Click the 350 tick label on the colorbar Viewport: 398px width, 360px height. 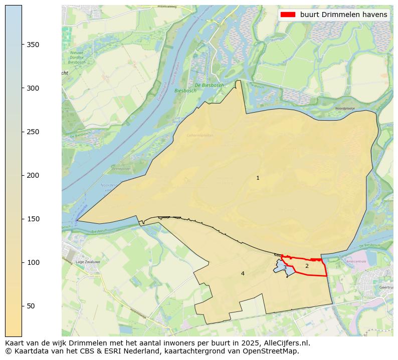coord(33,45)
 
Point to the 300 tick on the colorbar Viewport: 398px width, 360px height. coord(33,88)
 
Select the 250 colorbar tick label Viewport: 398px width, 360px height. coord(33,132)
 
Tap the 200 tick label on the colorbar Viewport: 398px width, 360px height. coord(33,175)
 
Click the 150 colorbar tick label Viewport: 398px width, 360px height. coord(33,219)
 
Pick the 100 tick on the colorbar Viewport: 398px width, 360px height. coord(33,262)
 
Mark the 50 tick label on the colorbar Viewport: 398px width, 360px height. coord(31,306)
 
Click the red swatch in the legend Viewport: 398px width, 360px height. coord(289,15)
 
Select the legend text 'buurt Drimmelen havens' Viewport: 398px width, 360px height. coord(343,15)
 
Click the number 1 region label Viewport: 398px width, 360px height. coord(258,178)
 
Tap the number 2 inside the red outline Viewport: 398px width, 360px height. coord(307,266)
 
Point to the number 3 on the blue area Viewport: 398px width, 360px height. coord(285,267)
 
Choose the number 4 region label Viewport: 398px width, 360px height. coord(243,273)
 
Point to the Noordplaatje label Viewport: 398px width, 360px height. coord(344,108)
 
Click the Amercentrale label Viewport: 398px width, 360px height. coord(356,261)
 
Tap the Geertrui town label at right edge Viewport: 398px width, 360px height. coord(386,288)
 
